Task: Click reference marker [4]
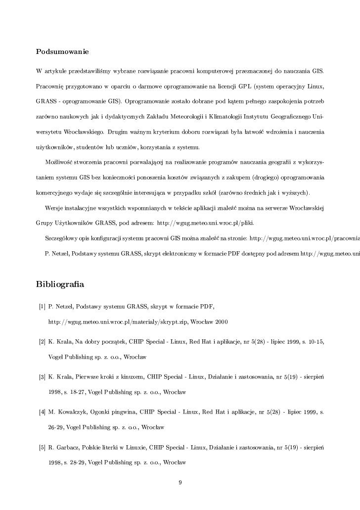point(42,413)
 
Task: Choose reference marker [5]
point(42,448)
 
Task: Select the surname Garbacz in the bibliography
point(67,448)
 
